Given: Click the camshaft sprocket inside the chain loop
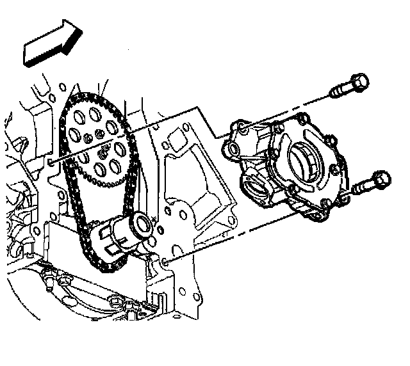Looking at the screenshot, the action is [x=100, y=145].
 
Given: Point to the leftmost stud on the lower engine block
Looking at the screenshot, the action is [x=49, y=276].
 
